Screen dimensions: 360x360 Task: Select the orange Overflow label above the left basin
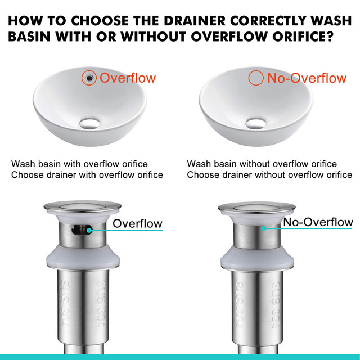click(127, 78)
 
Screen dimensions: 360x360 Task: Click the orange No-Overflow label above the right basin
click(307, 78)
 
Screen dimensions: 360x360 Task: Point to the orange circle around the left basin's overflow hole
click(88, 78)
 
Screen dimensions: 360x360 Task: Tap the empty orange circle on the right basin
click(256, 78)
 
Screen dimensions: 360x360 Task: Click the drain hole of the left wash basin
click(89, 121)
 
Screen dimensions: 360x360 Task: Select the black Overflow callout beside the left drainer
click(137, 223)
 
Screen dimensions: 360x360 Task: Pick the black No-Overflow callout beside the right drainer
click(318, 222)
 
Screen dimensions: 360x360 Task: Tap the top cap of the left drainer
click(82, 207)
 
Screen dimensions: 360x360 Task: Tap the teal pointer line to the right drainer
click(273, 227)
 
